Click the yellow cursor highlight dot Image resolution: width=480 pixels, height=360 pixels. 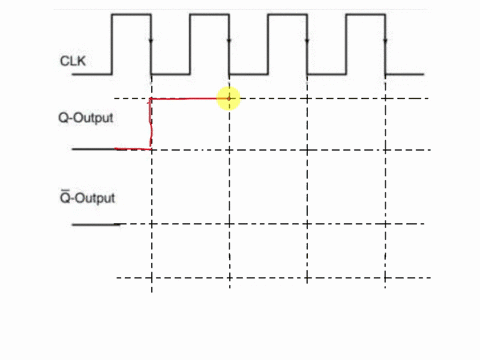[229, 98]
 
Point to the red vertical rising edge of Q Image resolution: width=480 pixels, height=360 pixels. [151, 124]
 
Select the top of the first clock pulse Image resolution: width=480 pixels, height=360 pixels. [131, 16]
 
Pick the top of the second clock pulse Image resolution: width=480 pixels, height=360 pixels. [209, 16]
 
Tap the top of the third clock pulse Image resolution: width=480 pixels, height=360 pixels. [287, 16]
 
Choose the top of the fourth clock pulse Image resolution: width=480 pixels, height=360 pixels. [365, 16]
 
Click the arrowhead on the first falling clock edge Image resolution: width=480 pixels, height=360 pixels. [151, 42]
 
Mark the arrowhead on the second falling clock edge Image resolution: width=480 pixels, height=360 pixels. [229, 42]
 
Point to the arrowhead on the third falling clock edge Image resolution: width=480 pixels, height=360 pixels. [307, 42]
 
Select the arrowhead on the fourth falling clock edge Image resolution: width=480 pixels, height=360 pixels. [385, 42]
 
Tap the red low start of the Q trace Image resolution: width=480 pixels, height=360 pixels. [133, 149]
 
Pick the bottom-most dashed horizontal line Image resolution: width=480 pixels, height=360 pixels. [270, 277]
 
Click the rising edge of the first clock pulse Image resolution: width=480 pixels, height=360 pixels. [112, 45]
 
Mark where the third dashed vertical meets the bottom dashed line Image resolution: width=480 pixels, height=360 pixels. [307, 277]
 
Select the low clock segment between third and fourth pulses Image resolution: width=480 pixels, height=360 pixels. [327, 73]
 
